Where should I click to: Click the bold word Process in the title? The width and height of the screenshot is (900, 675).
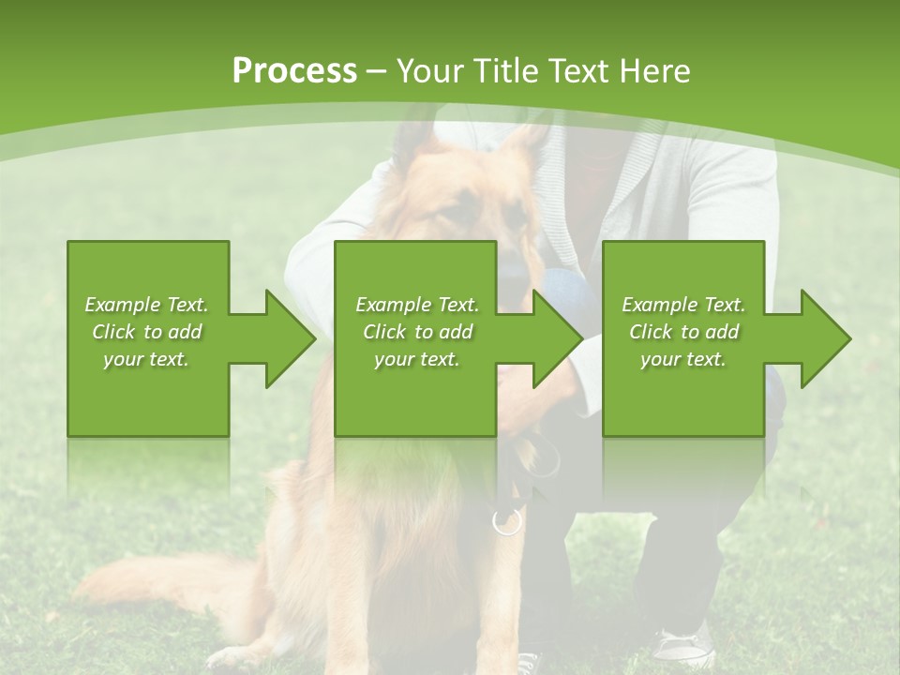294,71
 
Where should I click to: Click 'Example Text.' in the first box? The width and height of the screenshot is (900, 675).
146,305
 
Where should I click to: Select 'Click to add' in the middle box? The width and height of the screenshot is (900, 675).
417,332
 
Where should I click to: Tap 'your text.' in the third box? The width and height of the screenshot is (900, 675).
682,359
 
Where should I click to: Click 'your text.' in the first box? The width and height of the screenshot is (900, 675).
146,359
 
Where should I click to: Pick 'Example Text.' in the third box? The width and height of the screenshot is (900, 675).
682,305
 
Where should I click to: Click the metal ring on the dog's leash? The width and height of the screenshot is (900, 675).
506,521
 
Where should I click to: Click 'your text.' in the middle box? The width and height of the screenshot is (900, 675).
417,359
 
